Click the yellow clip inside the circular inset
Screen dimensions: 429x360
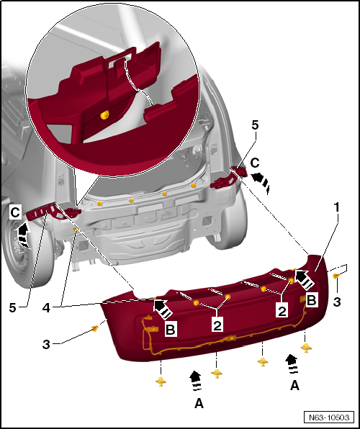pyautogui.click(x=105, y=114)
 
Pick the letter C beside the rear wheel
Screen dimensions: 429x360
pyautogui.click(x=14, y=213)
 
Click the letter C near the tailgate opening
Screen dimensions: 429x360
pyautogui.click(x=255, y=162)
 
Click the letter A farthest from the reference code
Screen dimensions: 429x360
pyautogui.click(x=199, y=403)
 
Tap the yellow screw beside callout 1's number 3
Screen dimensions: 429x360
pyautogui.click(x=336, y=274)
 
